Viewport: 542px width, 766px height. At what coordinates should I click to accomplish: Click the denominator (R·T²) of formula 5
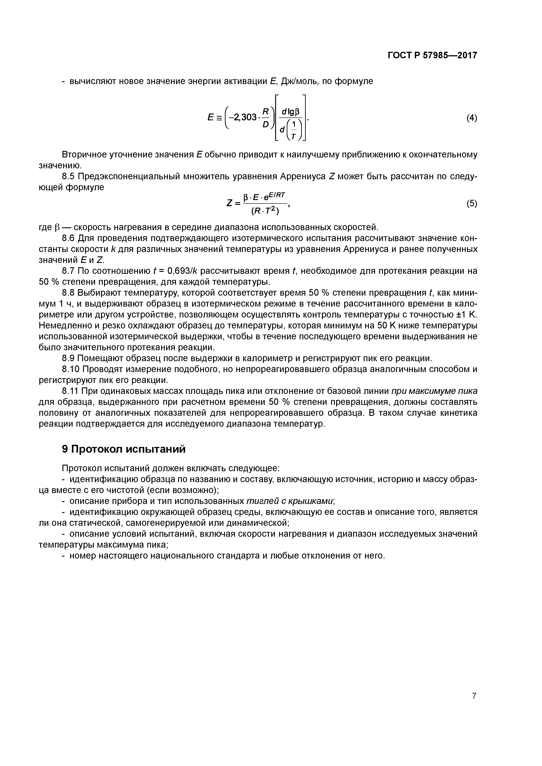(x=265, y=211)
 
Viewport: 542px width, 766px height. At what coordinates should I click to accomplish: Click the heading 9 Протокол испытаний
(x=123, y=449)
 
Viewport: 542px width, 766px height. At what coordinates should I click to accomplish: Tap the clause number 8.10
(x=71, y=369)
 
